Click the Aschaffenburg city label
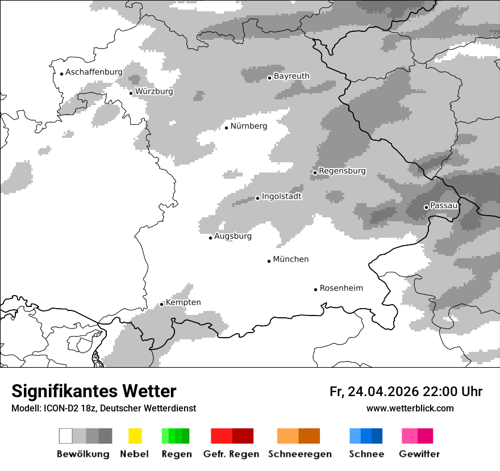tap(94, 72)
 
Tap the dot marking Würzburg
tap(131, 93)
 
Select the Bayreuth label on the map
tap(291, 76)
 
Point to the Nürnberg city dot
tap(226, 128)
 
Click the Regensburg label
tap(342, 171)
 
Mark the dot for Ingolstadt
tap(257, 198)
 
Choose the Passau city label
tap(444, 205)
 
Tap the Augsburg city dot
tap(210, 238)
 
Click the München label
tap(291, 259)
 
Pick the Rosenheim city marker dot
tap(315, 289)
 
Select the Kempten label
tap(183, 302)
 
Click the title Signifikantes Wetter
tap(94, 392)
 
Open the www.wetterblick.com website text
tap(410, 409)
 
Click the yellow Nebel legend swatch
tap(135, 436)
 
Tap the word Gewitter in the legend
tap(419, 454)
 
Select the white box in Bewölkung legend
tap(66, 436)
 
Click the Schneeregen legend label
tap(299, 454)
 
